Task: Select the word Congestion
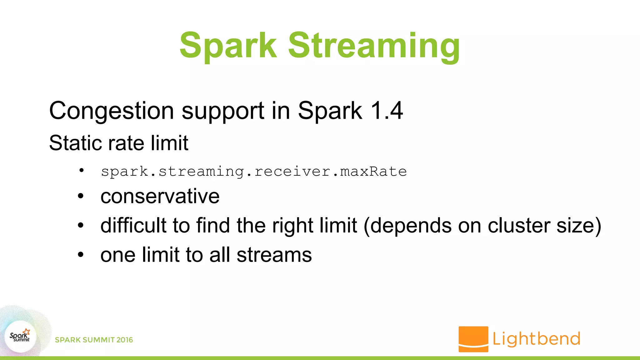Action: (x=112, y=111)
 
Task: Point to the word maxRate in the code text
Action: (x=373, y=171)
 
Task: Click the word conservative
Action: (x=160, y=197)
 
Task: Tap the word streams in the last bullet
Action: (x=274, y=255)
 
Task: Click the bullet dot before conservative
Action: (x=81, y=197)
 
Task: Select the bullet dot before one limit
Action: (x=81, y=255)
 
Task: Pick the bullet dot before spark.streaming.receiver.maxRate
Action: (x=82, y=170)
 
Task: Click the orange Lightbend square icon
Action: (x=473, y=339)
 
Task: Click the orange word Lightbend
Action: (x=536, y=339)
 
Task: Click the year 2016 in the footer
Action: (x=124, y=340)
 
